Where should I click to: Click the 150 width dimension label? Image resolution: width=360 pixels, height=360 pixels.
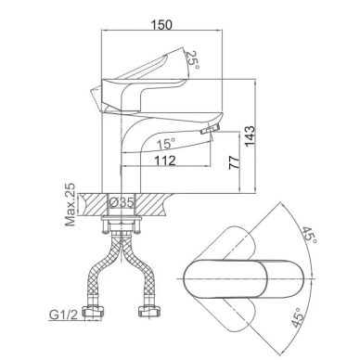(x=162, y=25)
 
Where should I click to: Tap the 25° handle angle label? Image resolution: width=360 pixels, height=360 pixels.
(x=192, y=59)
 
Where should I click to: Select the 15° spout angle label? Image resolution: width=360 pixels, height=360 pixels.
(x=166, y=144)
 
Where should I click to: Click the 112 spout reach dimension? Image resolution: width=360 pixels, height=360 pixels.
(x=165, y=160)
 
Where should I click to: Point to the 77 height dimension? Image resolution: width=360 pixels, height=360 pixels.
(x=234, y=161)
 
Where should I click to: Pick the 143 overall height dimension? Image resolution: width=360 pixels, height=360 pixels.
(x=250, y=135)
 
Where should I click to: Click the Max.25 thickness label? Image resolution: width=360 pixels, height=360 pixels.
(x=71, y=204)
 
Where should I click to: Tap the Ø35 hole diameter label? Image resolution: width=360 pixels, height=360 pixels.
(x=122, y=202)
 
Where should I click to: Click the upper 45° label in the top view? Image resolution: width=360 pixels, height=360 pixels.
(x=309, y=235)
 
